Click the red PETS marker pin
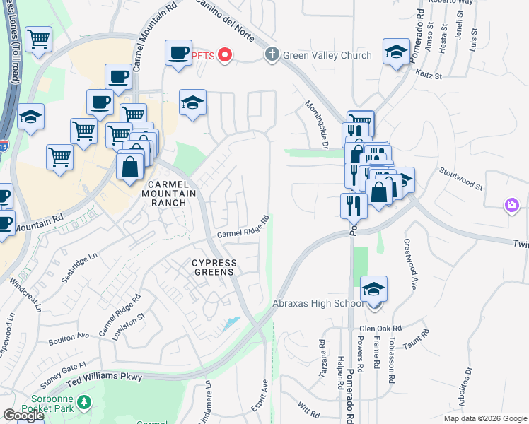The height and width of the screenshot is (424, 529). tap(225, 54)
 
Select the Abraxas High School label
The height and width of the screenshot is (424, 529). tap(318, 305)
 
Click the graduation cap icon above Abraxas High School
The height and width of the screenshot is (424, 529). tap(373, 289)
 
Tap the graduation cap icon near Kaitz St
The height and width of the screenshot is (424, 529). tap(396, 52)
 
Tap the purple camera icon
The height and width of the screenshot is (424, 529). tap(511, 205)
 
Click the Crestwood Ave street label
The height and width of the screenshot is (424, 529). tap(409, 263)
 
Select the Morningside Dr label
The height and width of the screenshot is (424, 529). tap(317, 124)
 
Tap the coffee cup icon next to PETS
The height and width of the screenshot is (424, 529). tap(178, 52)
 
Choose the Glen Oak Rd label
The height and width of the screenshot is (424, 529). tap(380, 329)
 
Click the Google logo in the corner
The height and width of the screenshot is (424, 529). tap(23, 416)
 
